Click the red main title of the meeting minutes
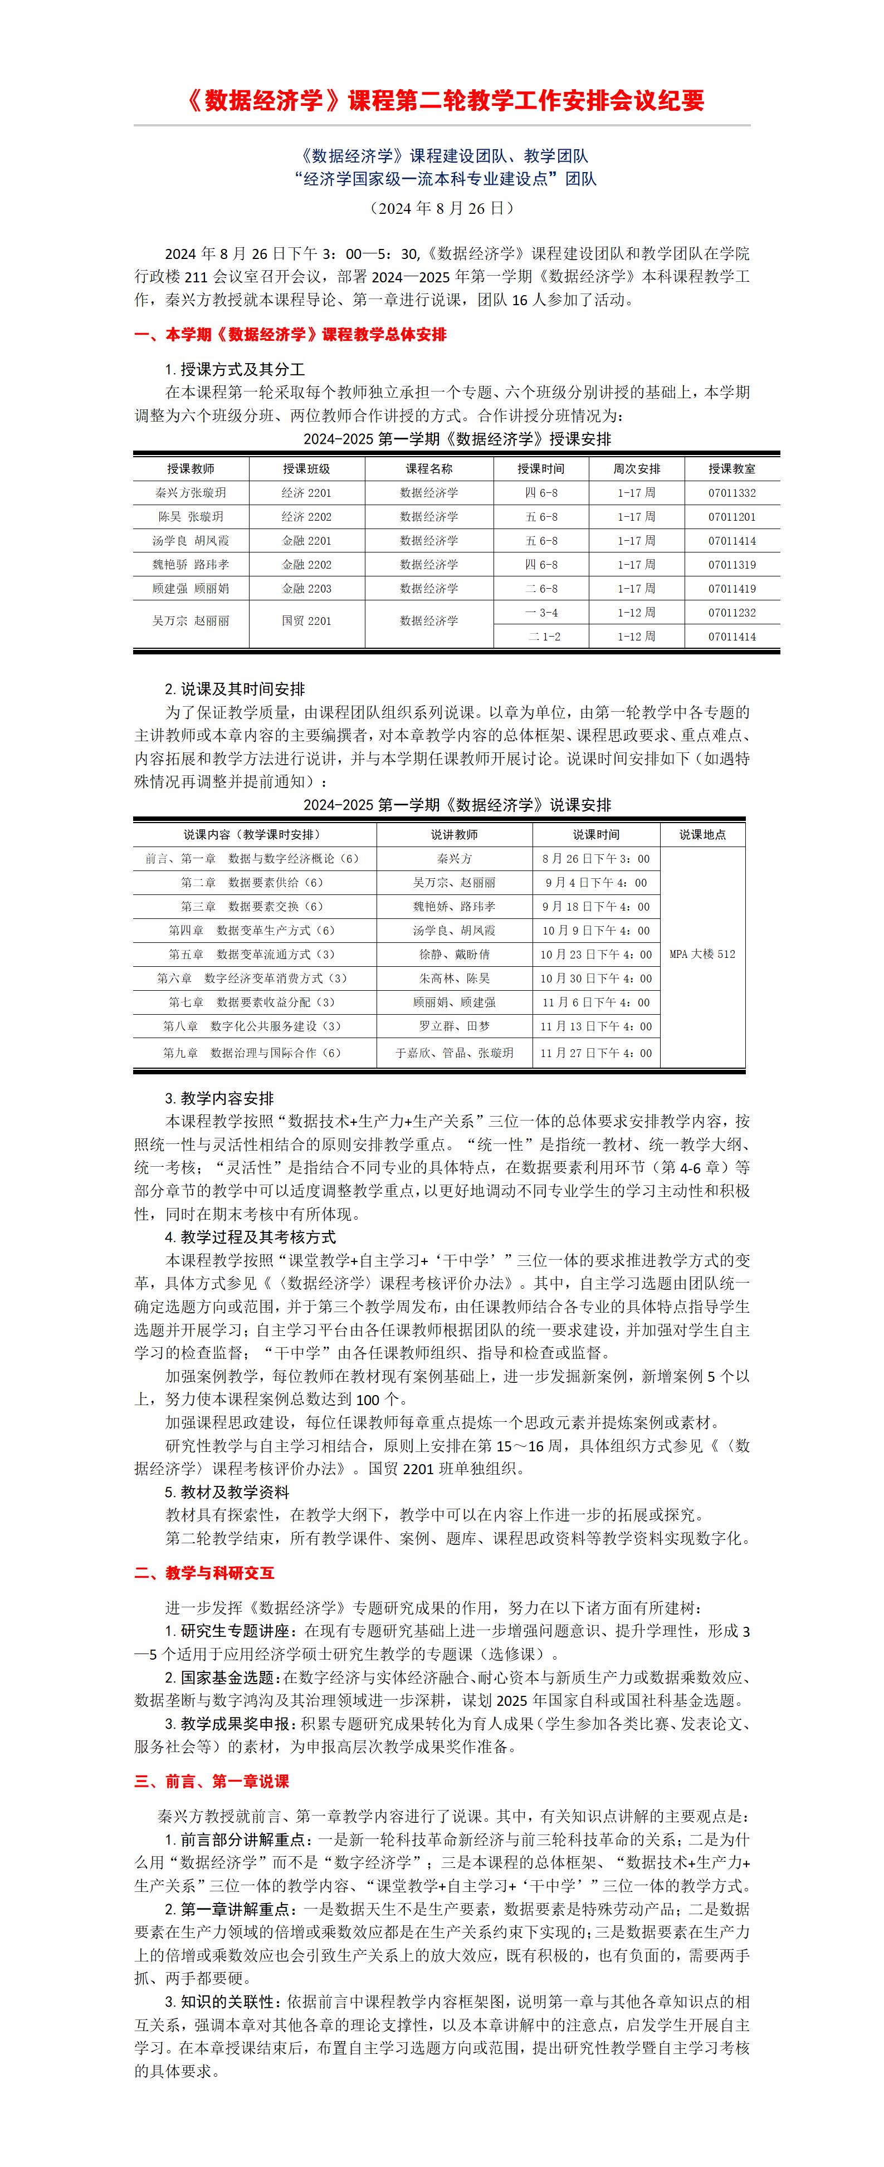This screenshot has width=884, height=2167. pyautogui.click(x=442, y=101)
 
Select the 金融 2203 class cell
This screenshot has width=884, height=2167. pyautogui.click(x=306, y=589)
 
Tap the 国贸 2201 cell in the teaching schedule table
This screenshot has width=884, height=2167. pyautogui.click(x=306, y=621)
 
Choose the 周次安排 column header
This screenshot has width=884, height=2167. pyautogui.click(x=637, y=468)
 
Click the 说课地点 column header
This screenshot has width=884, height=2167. pyautogui.click(x=702, y=834)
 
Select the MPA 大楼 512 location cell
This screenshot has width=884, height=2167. pyautogui.click(x=702, y=954)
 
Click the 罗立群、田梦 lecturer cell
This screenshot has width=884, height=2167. pyautogui.click(x=454, y=1026)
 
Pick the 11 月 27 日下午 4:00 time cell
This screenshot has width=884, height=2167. pyautogui.click(x=595, y=1053)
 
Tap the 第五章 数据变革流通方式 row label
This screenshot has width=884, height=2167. pyautogui.click(x=252, y=955)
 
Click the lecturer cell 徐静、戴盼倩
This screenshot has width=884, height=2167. pyautogui.click(x=454, y=955)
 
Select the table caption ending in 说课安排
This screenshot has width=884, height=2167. pyautogui.click(x=457, y=805)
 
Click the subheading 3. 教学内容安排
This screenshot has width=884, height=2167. pyautogui.click(x=219, y=1099)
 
